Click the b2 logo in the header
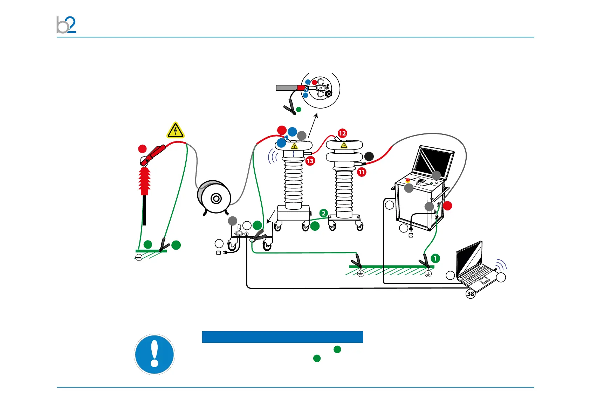[x=66, y=25]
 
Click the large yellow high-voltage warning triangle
[x=176, y=130]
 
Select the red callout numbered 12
[x=342, y=133]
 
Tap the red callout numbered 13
[x=310, y=161]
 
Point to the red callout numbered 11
[x=362, y=172]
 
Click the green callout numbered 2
[x=324, y=213]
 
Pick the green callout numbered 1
[x=435, y=258]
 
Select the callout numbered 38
[x=471, y=294]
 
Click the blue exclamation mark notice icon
[x=155, y=354]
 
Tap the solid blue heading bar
[x=282, y=337]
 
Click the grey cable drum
[x=214, y=198]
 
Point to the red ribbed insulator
[x=145, y=181]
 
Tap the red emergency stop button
[x=408, y=180]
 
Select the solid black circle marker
[x=369, y=156]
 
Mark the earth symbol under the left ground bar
[x=139, y=258]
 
